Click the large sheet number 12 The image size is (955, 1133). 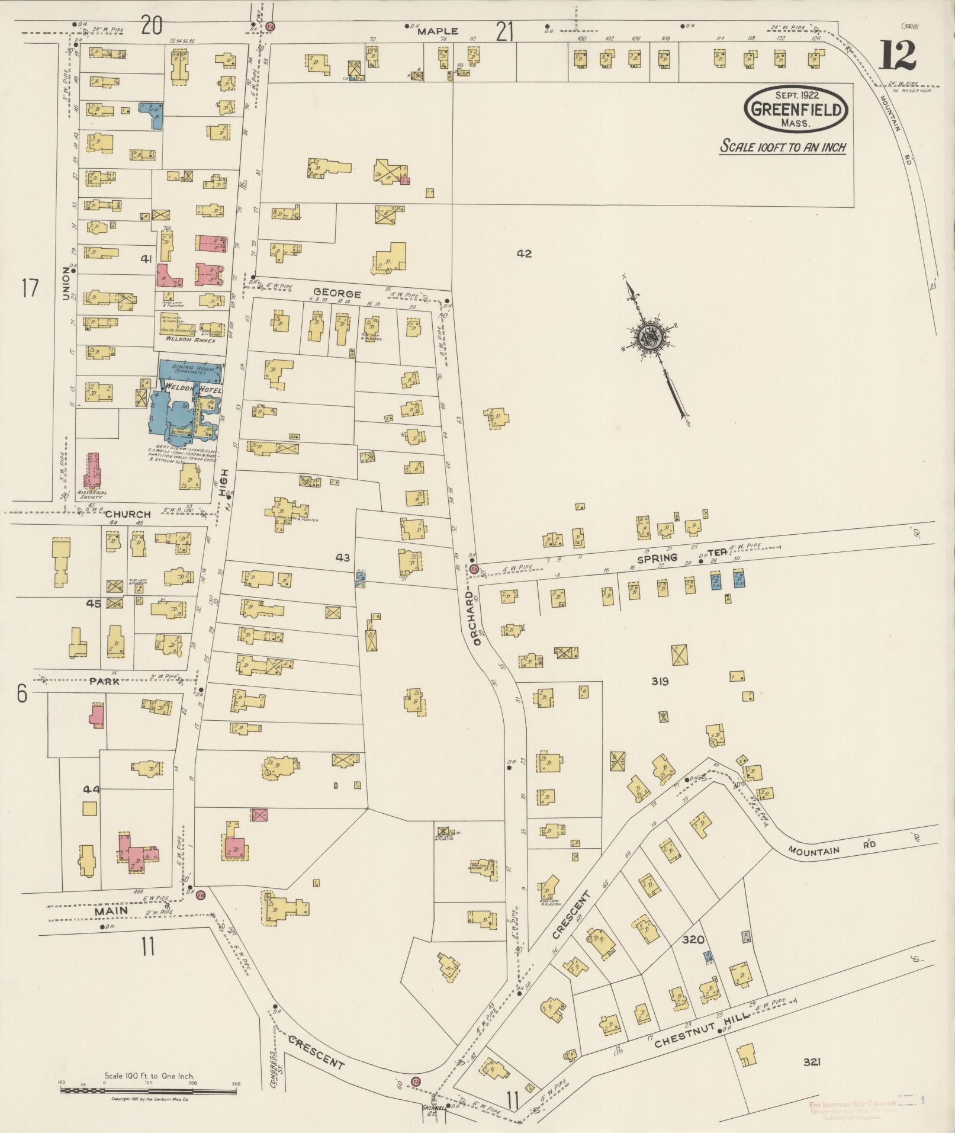pyautogui.click(x=897, y=55)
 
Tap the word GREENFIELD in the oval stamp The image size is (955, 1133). pyautogui.click(x=795, y=110)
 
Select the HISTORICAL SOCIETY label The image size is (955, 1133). pyautogui.click(x=92, y=495)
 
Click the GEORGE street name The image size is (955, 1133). pyautogui.click(x=337, y=293)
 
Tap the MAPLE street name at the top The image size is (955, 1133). pyautogui.click(x=438, y=31)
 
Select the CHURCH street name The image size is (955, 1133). pyautogui.click(x=128, y=514)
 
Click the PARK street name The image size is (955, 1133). pyautogui.click(x=105, y=681)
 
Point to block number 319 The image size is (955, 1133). pyautogui.click(x=660, y=681)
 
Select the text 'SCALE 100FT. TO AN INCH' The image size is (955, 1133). pyautogui.click(x=782, y=147)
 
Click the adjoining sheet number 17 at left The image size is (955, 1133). pyautogui.click(x=30, y=288)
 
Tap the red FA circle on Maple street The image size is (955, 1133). pyautogui.click(x=271, y=27)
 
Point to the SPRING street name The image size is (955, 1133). pyautogui.click(x=657, y=558)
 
